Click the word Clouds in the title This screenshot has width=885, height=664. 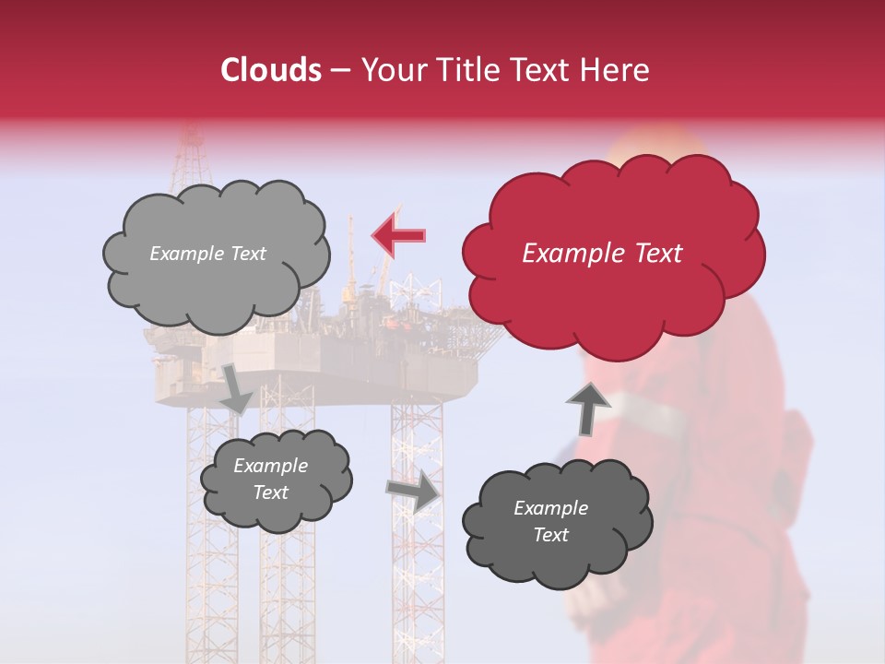[x=271, y=70]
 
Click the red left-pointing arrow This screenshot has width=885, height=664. [x=398, y=236]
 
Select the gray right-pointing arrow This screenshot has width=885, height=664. [x=414, y=491]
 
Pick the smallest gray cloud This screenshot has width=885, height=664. [x=275, y=479]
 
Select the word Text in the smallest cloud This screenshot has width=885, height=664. [x=271, y=492]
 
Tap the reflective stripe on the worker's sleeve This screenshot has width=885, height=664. [x=645, y=410]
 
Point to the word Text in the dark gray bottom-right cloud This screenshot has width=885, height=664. [x=551, y=535]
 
